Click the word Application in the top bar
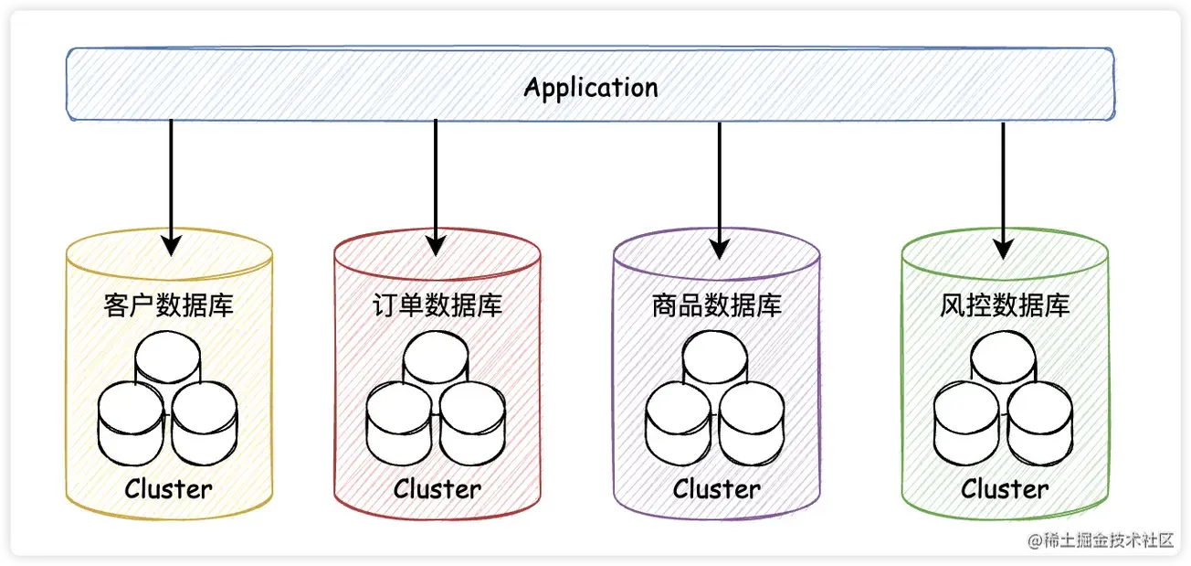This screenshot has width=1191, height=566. (x=591, y=88)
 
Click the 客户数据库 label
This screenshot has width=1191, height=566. (x=169, y=304)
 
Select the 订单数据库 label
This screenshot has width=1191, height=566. (x=437, y=304)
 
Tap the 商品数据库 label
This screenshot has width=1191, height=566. (x=716, y=304)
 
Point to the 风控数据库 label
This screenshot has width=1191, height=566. (x=1004, y=304)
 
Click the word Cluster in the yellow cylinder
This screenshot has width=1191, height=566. (x=169, y=489)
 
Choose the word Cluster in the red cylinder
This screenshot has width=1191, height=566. (x=437, y=489)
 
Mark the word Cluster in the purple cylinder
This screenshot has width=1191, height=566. (x=716, y=489)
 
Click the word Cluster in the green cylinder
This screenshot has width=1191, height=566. (x=1004, y=489)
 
